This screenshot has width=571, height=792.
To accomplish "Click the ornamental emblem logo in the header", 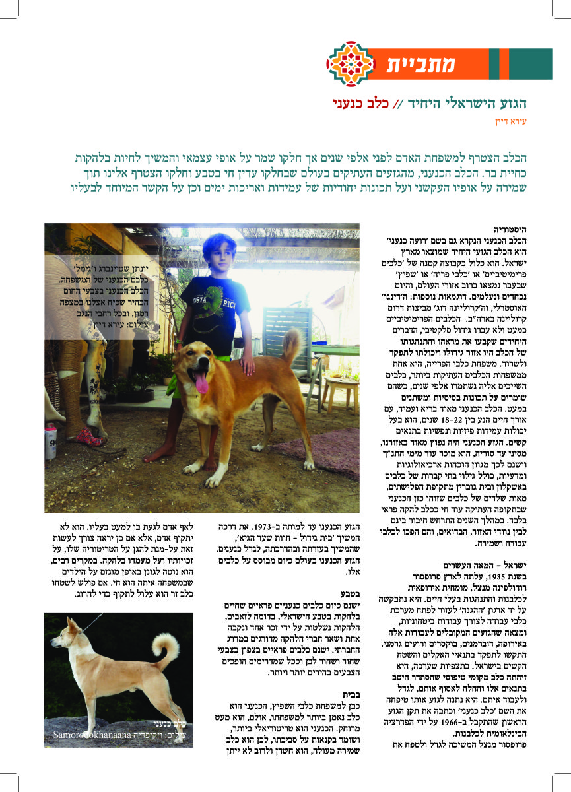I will point(351,64).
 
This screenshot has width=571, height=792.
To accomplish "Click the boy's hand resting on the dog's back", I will point(248,362).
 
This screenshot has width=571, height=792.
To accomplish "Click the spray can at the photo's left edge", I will point(51,449).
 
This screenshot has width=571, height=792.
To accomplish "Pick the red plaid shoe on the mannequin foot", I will point(90,436).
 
